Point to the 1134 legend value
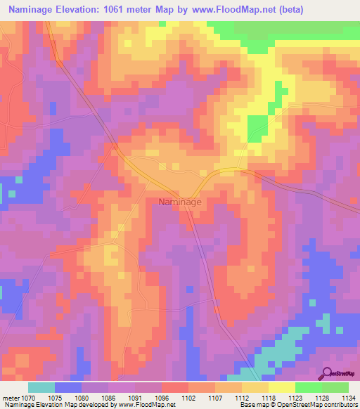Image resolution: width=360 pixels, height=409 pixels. click(x=348, y=397)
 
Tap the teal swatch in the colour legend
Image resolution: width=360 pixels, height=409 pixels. click(x=41, y=387)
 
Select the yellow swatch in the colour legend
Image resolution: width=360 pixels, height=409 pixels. click(x=281, y=387)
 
